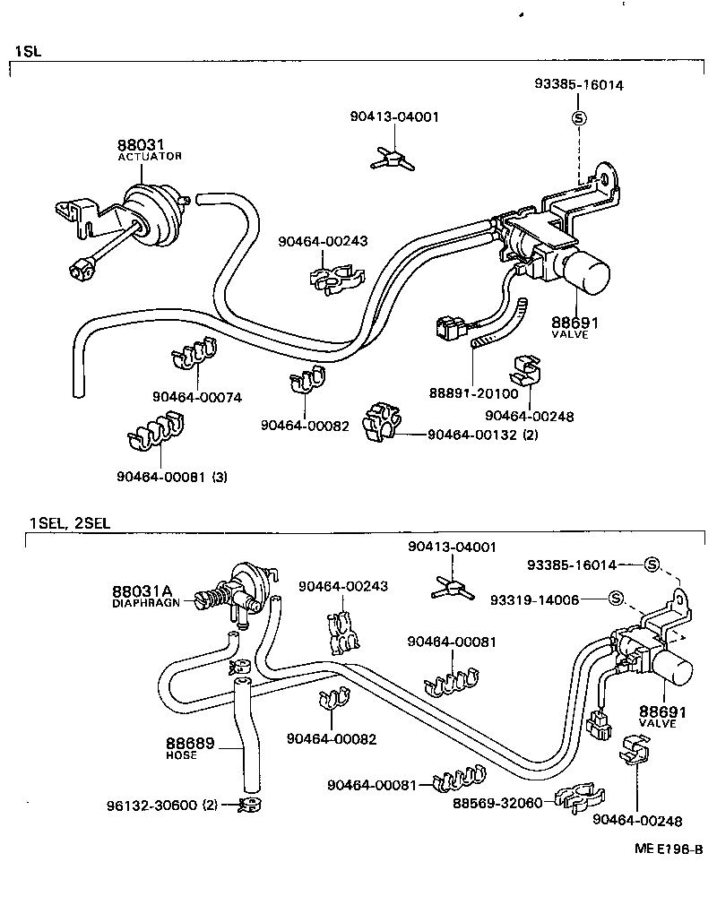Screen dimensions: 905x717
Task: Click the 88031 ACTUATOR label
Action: click(149, 149)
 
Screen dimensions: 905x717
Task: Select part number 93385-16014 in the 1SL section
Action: click(579, 85)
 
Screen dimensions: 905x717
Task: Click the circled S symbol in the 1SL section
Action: click(579, 118)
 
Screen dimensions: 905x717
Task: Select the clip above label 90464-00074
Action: click(193, 355)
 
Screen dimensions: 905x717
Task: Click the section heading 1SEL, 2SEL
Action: click(69, 523)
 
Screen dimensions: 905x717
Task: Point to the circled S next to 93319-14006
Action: click(616, 598)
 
